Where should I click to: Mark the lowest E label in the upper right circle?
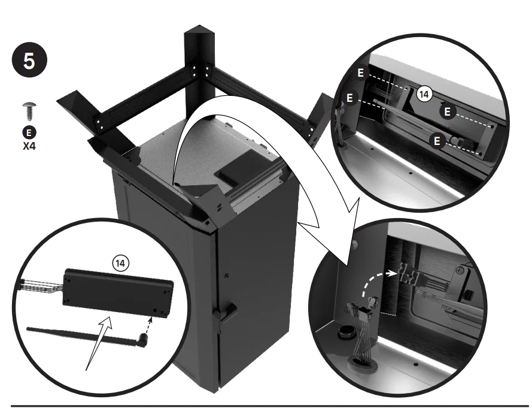pos(437,141)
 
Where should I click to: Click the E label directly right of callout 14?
pos(446,111)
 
